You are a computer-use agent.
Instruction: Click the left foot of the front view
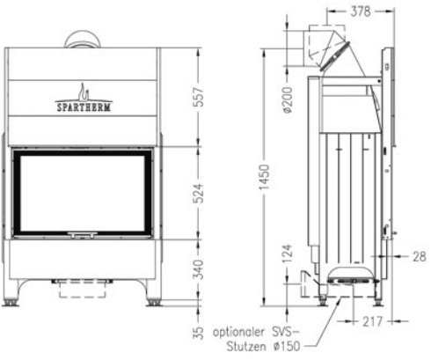click(11, 302)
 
